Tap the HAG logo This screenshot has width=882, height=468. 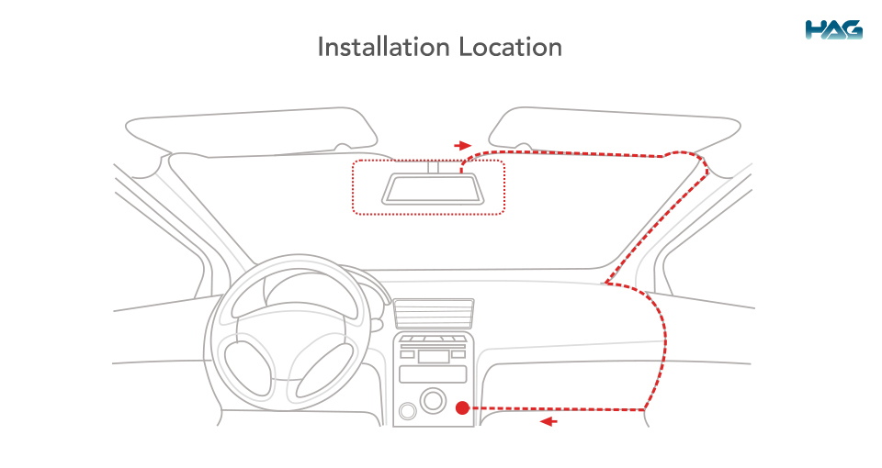click(833, 30)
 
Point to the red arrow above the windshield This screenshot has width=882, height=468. click(463, 146)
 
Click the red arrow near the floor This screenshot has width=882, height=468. click(548, 421)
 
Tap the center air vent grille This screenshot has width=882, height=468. click(434, 314)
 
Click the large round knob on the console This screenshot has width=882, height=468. click(433, 400)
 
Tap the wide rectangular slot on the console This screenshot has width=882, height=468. click(433, 374)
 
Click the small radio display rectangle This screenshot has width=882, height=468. click(434, 356)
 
